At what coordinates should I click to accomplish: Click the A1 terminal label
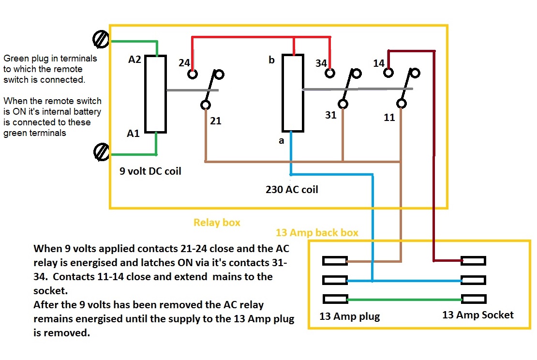[x=133, y=134]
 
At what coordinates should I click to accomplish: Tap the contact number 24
[x=183, y=62]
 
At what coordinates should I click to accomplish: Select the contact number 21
[x=216, y=120]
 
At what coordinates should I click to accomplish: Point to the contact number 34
[x=321, y=63]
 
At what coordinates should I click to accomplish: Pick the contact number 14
[x=379, y=63]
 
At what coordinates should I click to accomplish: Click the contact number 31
[x=330, y=115]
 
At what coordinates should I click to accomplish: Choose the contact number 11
[x=389, y=117]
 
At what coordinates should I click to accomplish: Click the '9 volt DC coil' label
[x=150, y=171]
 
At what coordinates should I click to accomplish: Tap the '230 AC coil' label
[x=292, y=190]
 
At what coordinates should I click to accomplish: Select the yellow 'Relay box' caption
[x=217, y=223]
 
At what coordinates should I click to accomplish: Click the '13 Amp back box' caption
[x=317, y=233]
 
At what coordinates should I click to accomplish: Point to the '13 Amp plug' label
[x=349, y=317]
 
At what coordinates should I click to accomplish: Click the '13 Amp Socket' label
[x=477, y=315]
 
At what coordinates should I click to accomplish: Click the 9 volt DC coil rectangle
[x=156, y=94]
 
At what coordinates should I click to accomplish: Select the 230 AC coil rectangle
[x=293, y=93]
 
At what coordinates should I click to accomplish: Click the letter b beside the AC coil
[x=271, y=60]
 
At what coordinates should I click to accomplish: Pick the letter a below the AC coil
[x=281, y=140]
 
